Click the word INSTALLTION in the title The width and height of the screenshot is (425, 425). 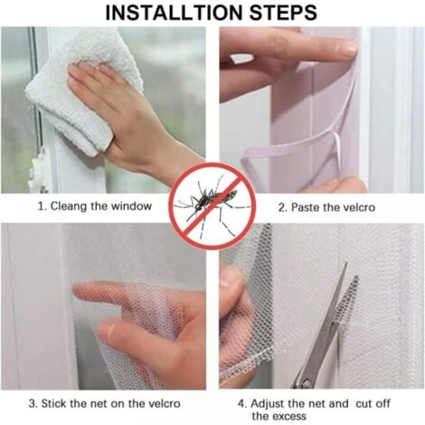coord(175,12)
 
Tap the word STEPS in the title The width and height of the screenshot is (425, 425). coord(284,12)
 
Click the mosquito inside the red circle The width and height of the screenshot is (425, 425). coord(212,202)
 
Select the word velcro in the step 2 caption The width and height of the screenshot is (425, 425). coord(358,207)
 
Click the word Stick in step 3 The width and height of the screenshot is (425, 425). coord(53,403)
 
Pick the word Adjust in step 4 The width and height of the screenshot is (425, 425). coord(268,404)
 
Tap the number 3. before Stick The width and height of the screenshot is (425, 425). coord(33,403)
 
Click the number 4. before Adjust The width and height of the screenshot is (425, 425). coord(242,404)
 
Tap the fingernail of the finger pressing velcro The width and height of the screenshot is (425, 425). coord(348,49)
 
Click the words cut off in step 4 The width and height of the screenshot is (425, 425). coord(373,403)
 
